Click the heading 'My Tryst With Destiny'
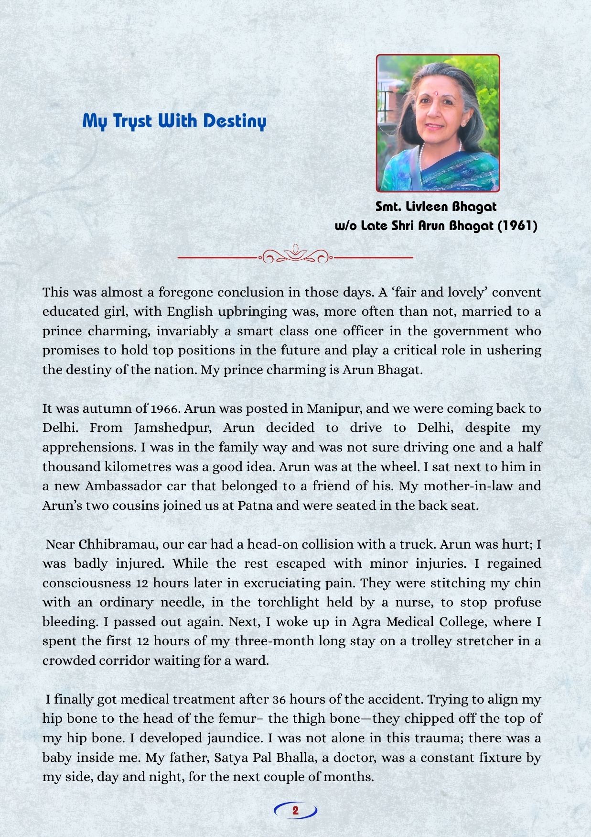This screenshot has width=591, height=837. click(x=174, y=121)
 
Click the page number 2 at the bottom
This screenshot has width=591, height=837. click(x=295, y=810)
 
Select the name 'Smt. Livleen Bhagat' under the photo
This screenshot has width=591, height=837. click(x=436, y=207)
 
